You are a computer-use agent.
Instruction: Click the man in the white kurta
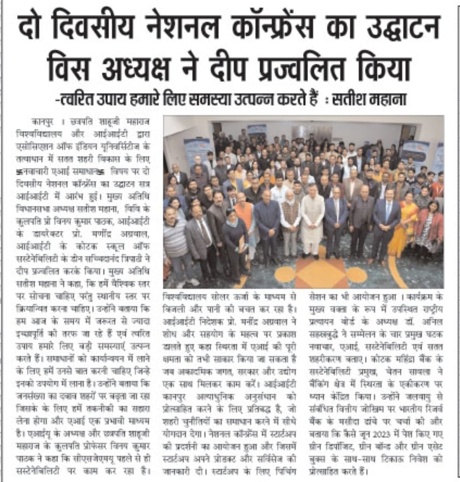click(x=313, y=225)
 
